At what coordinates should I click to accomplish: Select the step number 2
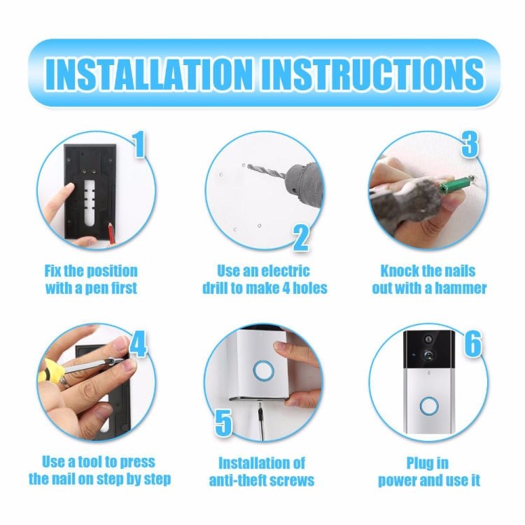click(300, 237)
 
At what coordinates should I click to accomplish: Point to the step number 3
click(470, 146)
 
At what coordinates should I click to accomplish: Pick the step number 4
click(138, 344)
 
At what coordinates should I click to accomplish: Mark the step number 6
click(473, 344)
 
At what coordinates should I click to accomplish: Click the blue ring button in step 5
click(264, 370)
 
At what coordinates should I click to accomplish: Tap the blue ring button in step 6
click(428, 407)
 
